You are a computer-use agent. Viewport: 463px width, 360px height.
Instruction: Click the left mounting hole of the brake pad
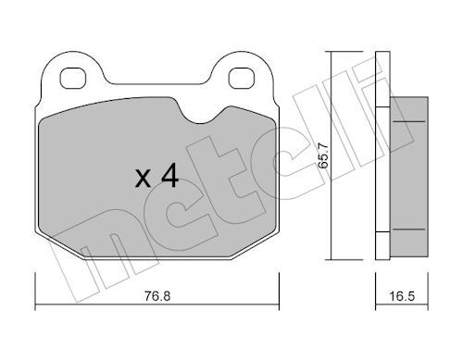(x=72, y=78)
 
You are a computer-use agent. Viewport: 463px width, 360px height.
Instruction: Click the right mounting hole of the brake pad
(x=241, y=78)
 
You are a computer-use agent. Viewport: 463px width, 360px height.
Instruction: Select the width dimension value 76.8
(x=157, y=296)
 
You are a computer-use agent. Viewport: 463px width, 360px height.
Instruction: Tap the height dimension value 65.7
(x=323, y=155)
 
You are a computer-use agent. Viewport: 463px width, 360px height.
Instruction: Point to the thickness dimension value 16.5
(x=402, y=296)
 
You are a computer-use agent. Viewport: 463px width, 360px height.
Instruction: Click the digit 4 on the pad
(x=170, y=175)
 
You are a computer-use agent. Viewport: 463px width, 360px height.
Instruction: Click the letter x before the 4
(x=143, y=180)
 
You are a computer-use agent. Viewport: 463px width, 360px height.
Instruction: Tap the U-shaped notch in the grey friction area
(x=201, y=115)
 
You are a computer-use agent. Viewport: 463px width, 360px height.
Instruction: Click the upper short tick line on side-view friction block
(x=409, y=121)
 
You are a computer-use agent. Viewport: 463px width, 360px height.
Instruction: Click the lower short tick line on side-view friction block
(x=409, y=230)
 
